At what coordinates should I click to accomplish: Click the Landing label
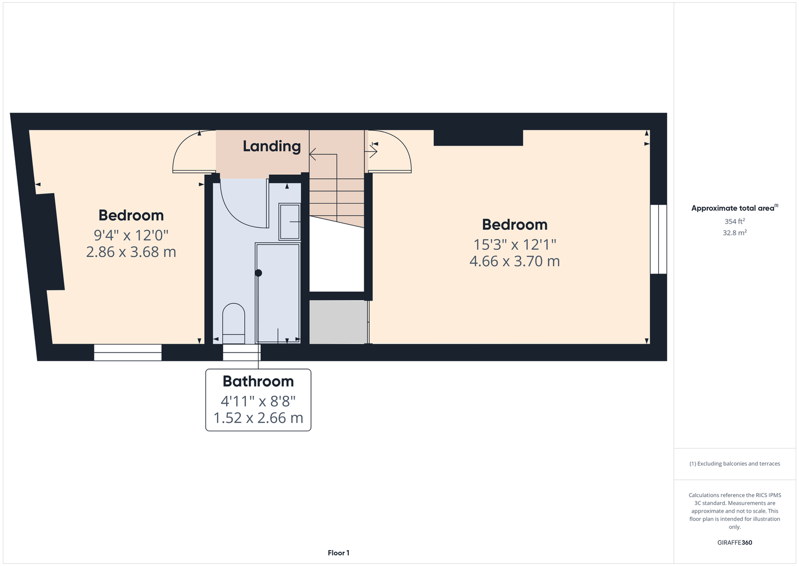272,147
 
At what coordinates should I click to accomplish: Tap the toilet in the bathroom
234,324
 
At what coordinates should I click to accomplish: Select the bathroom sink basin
290,222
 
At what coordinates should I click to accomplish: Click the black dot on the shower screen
258,273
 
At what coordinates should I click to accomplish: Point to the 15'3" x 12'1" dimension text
515,245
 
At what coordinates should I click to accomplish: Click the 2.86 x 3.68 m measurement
131,252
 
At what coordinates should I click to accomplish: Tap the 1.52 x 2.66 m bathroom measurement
258,418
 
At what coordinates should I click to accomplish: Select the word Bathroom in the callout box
258,381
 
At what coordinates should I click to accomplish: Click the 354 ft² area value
735,221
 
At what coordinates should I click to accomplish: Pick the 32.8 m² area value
735,233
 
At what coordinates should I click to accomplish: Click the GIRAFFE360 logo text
735,542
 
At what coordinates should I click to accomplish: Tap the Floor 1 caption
339,553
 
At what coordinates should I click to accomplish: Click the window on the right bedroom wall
658,239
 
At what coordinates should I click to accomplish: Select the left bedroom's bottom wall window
128,353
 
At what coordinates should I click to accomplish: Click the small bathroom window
242,353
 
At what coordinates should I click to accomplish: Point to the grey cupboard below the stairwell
338,322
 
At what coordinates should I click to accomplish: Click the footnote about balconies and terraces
735,464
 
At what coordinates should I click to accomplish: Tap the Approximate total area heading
735,208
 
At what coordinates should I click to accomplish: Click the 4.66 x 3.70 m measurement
515,261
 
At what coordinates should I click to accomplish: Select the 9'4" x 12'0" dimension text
131,235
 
